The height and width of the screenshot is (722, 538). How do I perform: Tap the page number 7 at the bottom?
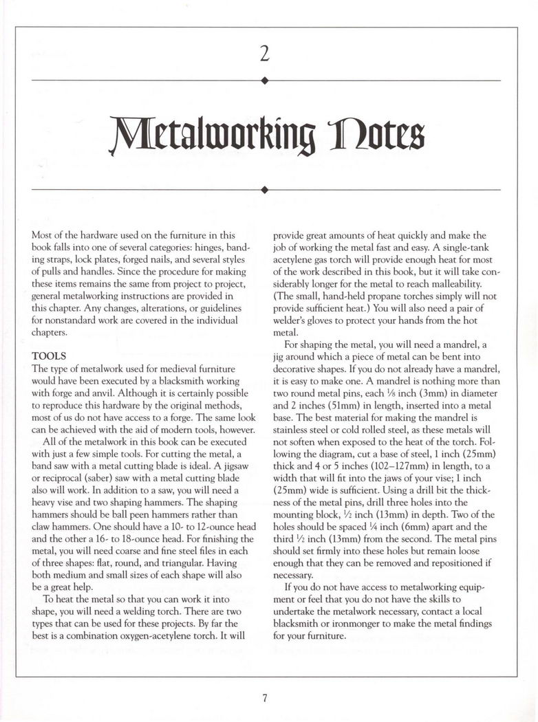point(265,698)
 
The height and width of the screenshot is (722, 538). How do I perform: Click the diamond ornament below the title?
point(265,187)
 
